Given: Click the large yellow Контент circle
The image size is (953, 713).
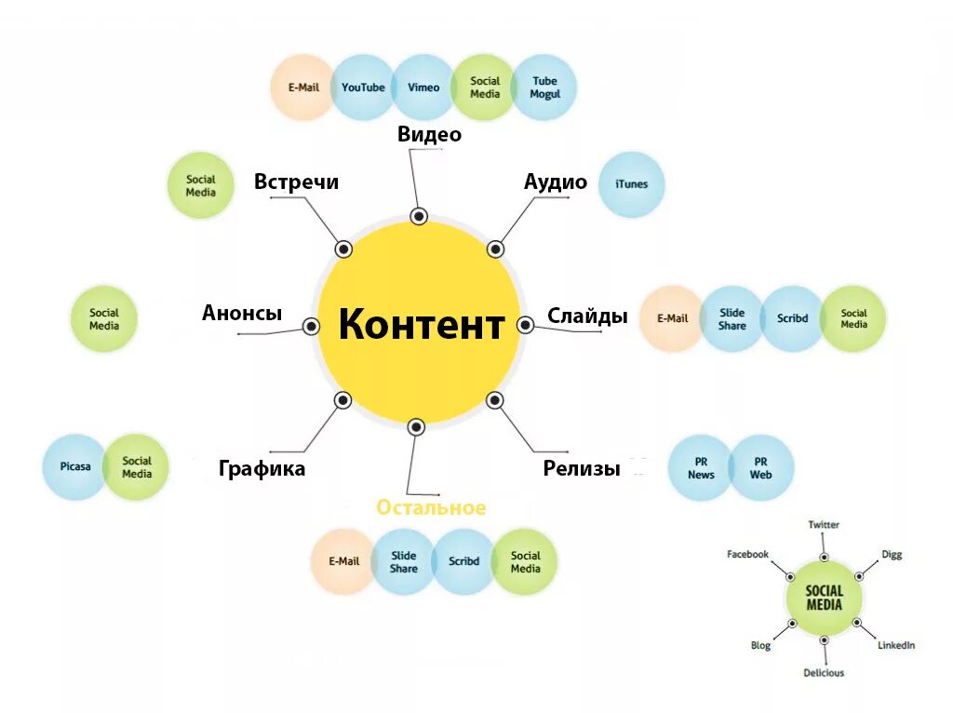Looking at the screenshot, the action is (419, 324).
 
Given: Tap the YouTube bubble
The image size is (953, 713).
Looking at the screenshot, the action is (362, 87).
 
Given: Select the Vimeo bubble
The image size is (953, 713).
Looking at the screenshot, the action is (423, 87).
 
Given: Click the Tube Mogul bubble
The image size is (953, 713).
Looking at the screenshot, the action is (544, 87).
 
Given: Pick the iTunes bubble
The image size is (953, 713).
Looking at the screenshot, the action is (631, 184).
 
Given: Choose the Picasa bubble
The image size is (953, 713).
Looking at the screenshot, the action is (75, 466).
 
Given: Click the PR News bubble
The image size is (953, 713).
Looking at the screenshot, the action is (701, 468).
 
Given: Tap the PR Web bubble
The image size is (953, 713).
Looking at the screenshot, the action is (761, 468).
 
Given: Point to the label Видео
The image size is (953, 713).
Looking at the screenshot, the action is (429, 134).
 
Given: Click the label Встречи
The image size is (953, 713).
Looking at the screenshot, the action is (296, 182).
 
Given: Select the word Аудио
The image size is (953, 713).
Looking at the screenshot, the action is (556, 182).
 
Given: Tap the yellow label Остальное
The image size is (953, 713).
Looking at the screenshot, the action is (431, 507).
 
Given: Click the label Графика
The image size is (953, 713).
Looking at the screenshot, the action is (262, 468).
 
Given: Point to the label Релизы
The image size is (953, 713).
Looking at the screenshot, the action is (582, 468).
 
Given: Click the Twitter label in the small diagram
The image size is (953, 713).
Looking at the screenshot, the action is (824, 525).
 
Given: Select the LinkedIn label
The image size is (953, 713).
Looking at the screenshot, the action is (896, 645).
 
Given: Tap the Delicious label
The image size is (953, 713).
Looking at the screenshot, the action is (824, 673).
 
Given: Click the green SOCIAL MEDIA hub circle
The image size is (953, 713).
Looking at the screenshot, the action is (824, 598).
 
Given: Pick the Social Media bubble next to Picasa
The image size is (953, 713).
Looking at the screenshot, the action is (136, 466).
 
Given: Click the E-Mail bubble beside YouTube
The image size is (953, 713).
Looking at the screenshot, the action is (303, 87).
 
